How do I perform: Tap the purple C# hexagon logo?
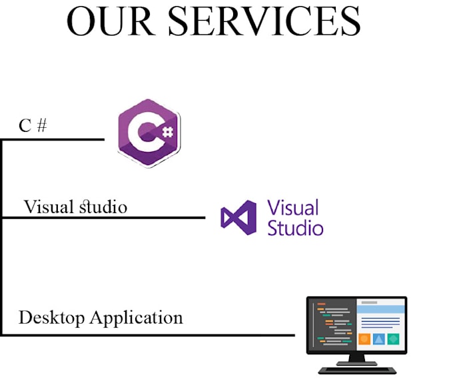149,133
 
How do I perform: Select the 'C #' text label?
33,126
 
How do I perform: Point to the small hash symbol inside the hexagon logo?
168,132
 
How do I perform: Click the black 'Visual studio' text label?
75,206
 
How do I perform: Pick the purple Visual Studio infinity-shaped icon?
238,218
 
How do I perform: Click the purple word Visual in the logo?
292,207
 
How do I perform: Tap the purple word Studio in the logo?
295,228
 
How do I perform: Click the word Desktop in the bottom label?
51,318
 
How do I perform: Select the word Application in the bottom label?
136,318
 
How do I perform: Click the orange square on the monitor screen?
364,339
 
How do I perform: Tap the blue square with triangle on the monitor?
379,339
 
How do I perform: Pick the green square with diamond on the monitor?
393,339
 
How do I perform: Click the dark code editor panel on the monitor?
333,324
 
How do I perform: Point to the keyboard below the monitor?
357,370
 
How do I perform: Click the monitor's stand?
357,360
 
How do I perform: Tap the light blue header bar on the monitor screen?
380,309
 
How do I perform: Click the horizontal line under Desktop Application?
149,335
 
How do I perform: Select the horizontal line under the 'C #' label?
53,139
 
